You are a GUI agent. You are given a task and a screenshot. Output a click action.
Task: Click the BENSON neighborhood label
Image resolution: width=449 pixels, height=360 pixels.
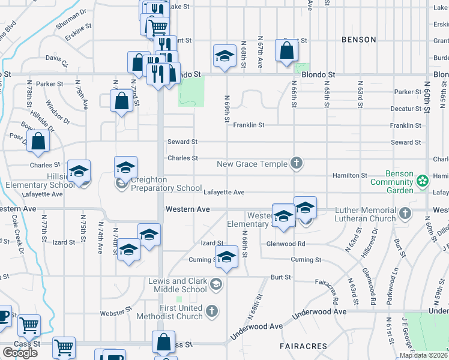(358, 40)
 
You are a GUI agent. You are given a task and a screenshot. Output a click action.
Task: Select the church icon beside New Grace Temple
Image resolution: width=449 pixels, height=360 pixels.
(295, 163)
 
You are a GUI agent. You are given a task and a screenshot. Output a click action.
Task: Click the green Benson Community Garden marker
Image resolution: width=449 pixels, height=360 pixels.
(423, 180)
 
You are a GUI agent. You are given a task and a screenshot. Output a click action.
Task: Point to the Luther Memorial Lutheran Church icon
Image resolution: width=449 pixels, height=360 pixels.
(405, 213)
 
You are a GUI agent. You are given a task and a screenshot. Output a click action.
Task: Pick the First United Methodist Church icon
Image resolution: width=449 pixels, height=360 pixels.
(211, 310)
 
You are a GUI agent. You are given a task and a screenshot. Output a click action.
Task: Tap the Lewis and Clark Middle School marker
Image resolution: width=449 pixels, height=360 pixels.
(216, 284)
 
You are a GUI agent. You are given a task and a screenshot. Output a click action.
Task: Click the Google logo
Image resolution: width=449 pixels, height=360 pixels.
(20, 353)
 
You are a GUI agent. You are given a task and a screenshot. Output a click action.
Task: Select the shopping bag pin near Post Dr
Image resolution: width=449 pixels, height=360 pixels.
(38, 142)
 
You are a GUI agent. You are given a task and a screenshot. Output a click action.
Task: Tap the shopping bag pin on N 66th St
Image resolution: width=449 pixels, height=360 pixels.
(286, 51)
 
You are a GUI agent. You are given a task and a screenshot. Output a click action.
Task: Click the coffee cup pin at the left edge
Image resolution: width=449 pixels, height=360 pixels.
(3, 316)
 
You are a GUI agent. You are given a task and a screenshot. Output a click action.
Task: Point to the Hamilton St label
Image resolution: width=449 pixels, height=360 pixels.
(350, 175)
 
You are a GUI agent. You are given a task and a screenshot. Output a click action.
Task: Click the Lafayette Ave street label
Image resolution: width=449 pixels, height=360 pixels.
(224, 193)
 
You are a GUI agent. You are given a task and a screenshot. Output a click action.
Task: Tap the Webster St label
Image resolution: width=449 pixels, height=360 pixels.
(116, 312)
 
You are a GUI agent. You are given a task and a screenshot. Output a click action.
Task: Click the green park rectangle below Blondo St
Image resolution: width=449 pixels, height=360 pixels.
(191, 91)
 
